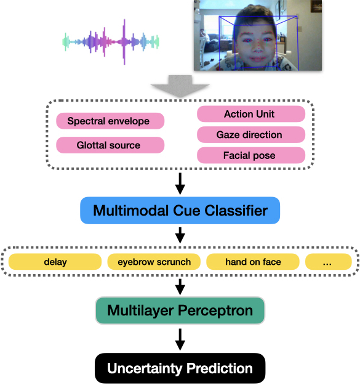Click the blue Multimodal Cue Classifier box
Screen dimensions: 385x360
click(x=180, y=211)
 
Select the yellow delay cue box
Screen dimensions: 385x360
click(x=55, y=262)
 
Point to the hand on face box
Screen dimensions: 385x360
click(x=252, y=262)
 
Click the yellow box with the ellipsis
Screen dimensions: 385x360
click(x=328, y=262)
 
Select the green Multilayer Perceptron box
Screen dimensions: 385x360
click(x=180, y=310)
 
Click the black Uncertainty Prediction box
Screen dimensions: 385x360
click(x=180, y=368)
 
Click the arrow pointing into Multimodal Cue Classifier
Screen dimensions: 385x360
click(x=180, y=182)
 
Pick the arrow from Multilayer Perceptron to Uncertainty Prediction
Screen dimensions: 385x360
click(x=180, y=339)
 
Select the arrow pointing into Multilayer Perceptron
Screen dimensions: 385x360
click(x=180, y=285)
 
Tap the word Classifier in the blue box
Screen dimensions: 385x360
click(x=238, y=211)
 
